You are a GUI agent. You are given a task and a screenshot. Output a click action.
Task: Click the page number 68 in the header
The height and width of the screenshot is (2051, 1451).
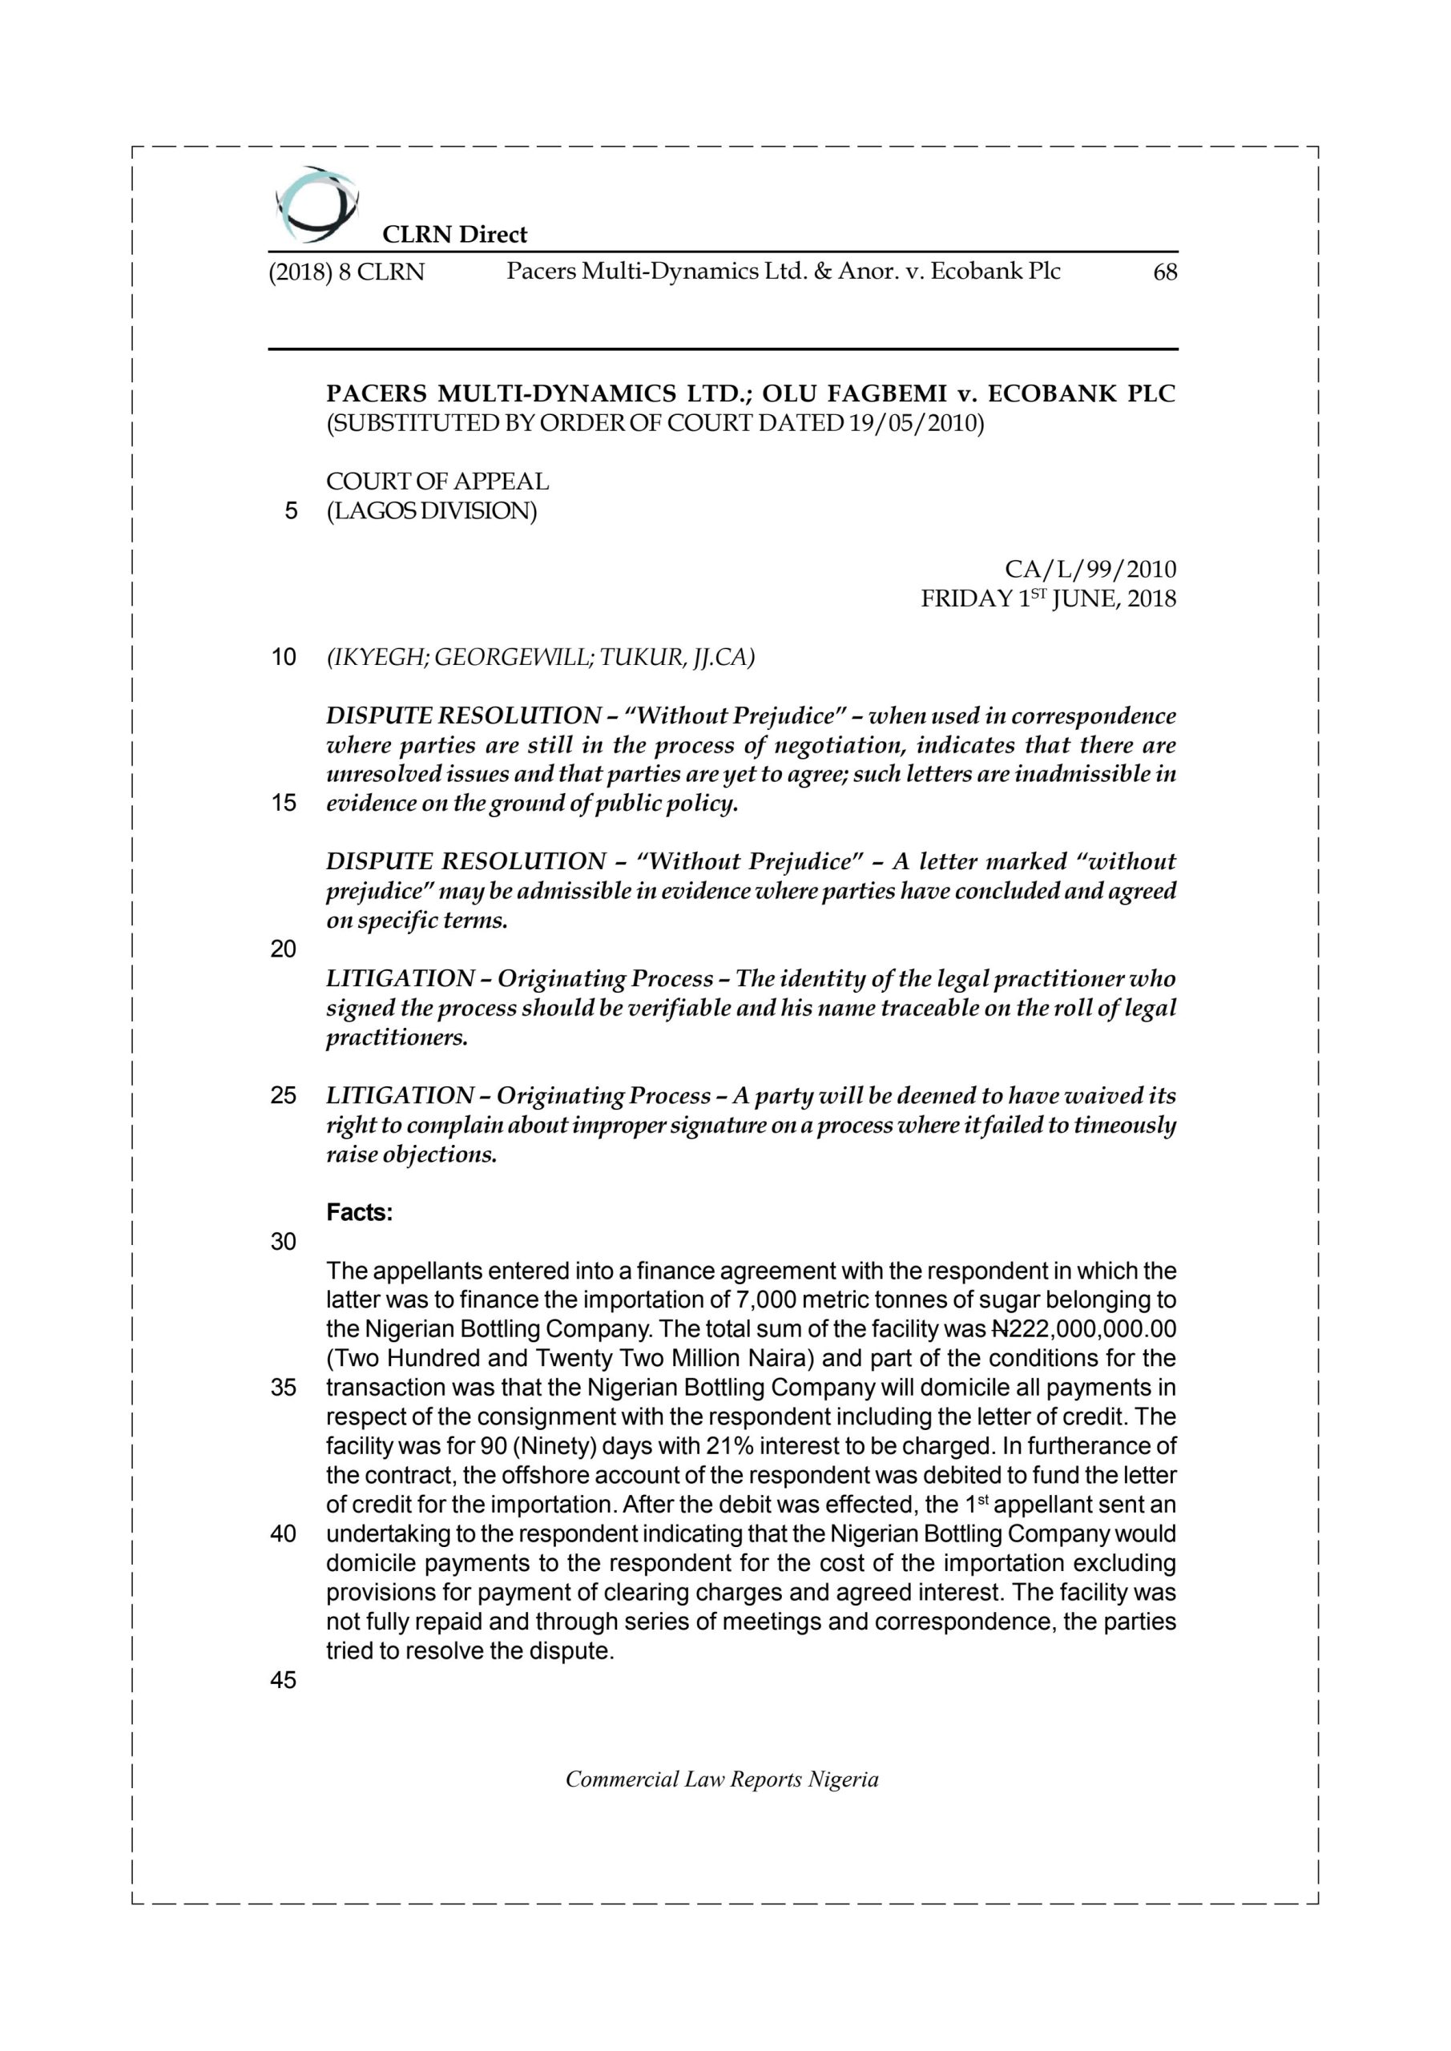[1165, 272]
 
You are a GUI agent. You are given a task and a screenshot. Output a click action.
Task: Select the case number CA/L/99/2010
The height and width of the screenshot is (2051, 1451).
[1090, 569]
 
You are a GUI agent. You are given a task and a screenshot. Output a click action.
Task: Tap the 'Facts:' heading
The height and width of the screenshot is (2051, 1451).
[359, 1213]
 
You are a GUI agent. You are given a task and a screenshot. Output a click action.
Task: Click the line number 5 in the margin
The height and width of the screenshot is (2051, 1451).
[290, 512]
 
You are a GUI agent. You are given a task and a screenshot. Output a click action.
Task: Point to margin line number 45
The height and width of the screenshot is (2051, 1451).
[284, 1680]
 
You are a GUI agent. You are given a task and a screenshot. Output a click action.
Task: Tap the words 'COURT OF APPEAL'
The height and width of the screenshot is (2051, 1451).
[437, 482]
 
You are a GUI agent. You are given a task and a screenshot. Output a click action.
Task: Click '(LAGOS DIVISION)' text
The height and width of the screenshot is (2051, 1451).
[432, 512]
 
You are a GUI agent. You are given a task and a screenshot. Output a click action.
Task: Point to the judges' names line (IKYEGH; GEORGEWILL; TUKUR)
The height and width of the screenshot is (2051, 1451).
[541, 658]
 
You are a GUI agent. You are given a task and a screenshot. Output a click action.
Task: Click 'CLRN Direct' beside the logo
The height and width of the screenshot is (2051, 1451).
[455, 235]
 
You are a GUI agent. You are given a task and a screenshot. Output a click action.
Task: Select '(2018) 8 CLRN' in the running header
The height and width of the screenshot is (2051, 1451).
[347, 272]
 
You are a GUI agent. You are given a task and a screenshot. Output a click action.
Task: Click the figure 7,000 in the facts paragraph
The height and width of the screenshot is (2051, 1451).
[752, 1300]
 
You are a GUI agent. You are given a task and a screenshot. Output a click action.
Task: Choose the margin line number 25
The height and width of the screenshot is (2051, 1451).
[284, 1095]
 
